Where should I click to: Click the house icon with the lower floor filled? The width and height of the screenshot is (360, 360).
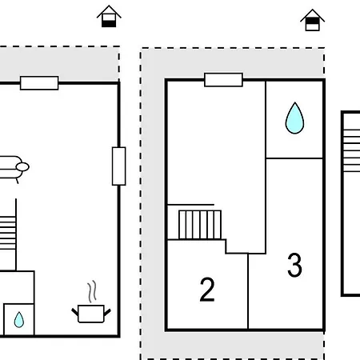coord(109,16)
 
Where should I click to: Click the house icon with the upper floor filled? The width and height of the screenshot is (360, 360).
coord(312,20)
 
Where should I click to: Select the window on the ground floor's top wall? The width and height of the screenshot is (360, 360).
coord(39,83)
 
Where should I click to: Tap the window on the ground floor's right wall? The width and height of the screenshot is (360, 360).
coord(118,166)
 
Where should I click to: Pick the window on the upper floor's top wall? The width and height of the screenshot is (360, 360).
coord(223,80)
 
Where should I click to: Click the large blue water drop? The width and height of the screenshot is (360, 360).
coord(294,118)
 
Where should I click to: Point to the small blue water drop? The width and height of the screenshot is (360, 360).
coord(19,320)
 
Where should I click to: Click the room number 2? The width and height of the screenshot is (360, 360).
coord(207,290)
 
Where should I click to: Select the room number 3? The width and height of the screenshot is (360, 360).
coord(294,265)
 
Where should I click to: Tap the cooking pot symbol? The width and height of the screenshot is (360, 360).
coord(91,314)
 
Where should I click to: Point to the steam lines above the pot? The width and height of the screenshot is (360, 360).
coord(92,291)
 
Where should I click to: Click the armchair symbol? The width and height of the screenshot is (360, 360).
coord(13,169)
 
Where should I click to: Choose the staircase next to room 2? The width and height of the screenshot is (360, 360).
coord(200,225)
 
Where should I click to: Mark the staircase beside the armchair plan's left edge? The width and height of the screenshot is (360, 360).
coord(8,233)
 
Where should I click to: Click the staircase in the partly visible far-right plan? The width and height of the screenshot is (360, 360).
coord(351,150)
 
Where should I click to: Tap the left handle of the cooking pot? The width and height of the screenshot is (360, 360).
coord(75,311)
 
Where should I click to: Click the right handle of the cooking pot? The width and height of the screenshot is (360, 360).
coord(107,313)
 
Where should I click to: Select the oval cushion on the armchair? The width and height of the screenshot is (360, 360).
coord(22,167)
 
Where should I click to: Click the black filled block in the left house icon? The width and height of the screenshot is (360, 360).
coord(109,24)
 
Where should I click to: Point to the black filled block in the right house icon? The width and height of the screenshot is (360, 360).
coord(312,21)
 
